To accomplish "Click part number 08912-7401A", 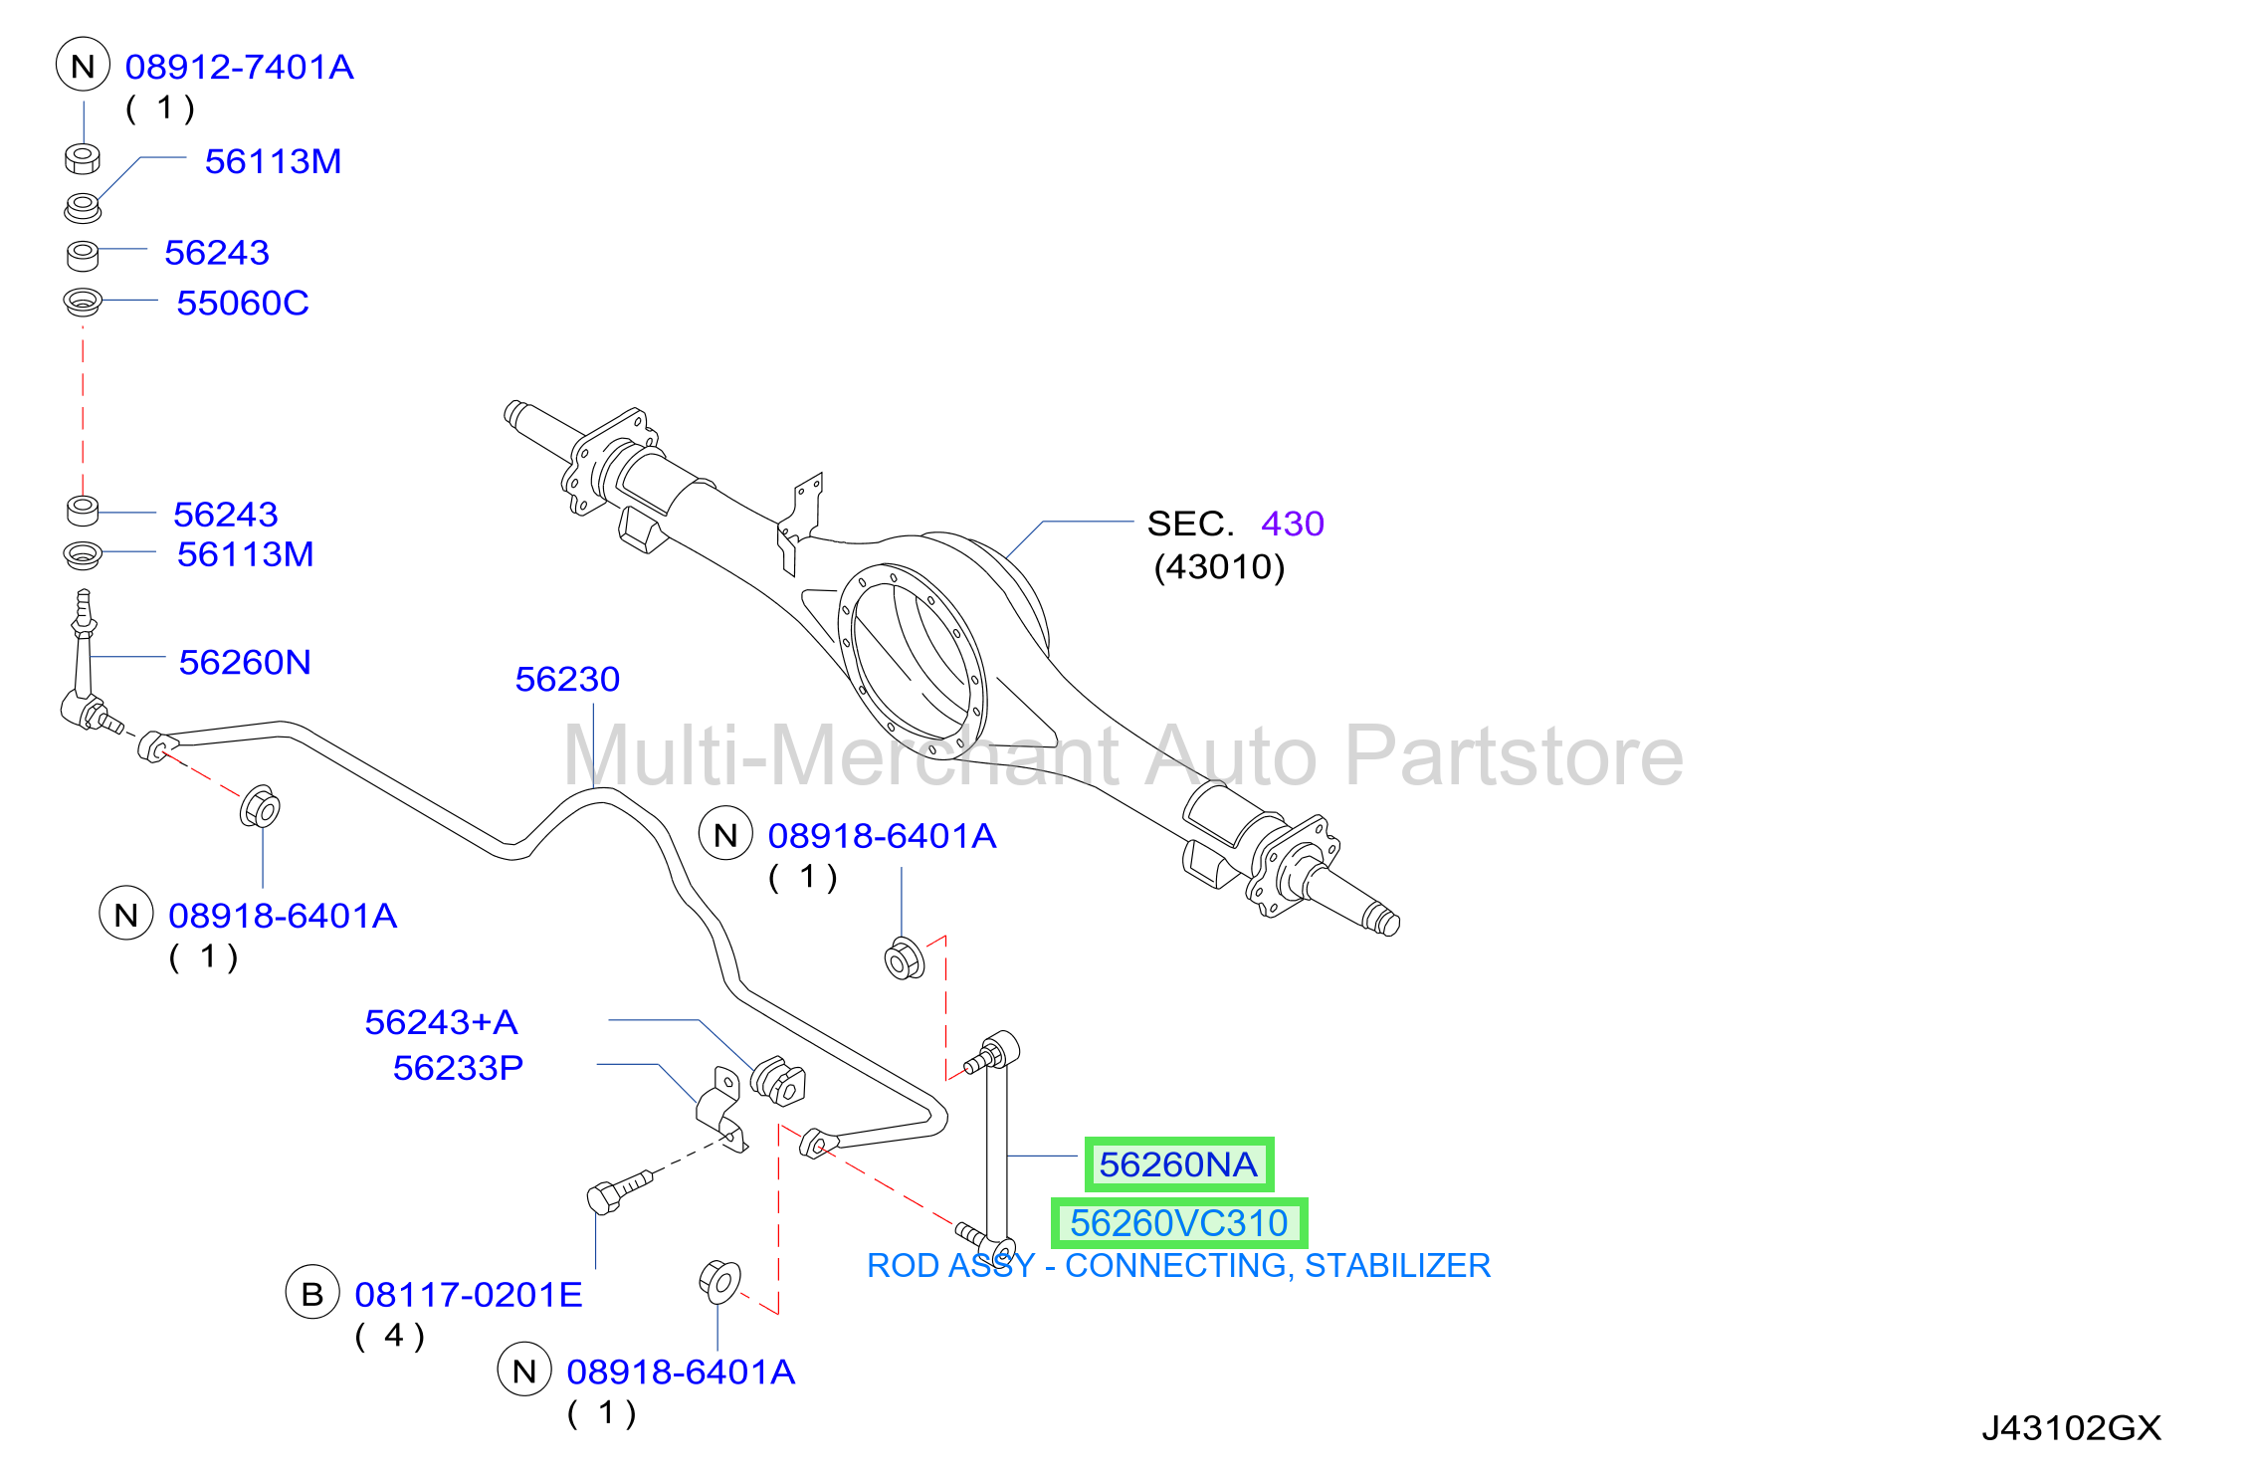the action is (239, 67).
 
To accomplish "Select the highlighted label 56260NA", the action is (1178, 1163).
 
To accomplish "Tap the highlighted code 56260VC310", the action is (1179, 1222).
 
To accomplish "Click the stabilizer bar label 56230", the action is (567, 679).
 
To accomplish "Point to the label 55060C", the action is (243, 303).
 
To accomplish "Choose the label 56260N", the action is (245, 662).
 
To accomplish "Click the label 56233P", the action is (458, 1067).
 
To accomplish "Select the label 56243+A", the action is (441, 1021).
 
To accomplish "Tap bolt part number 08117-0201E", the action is (469, 1294).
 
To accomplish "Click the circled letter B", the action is (312, 1293).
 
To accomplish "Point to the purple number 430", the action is (1293, 524).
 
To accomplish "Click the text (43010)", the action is (1219, 566).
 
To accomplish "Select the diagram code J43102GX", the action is (2072, 1428).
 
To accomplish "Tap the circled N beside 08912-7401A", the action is (83, 66).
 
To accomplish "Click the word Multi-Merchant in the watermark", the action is (840, 755).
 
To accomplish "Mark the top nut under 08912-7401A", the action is (83, 158).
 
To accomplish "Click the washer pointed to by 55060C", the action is (83, 301).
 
